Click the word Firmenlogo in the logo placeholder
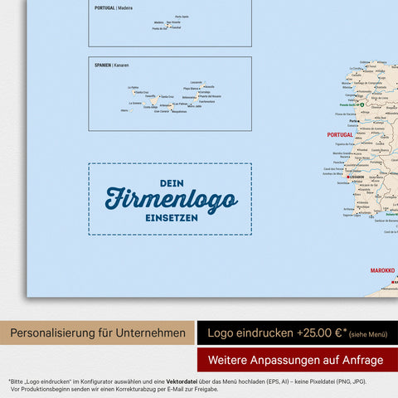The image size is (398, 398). click(x=171, y=199)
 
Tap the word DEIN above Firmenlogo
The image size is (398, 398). click(x=171, y=182)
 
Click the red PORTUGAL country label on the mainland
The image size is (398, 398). click(x=340, y=134)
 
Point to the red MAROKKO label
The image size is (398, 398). click(x=381, y=270)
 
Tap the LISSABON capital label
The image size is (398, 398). click(x=357, y=177)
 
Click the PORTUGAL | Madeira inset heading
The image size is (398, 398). click(x=115, y=8)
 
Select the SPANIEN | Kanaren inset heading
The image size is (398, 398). click(x=112, y=65)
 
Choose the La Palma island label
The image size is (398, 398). click(x=133, y=87)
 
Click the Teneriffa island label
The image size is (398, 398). click(x=150, y=96)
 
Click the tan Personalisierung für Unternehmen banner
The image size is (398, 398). click(x=98, y=334)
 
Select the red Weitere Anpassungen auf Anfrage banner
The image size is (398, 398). click(x=297, y=360)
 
